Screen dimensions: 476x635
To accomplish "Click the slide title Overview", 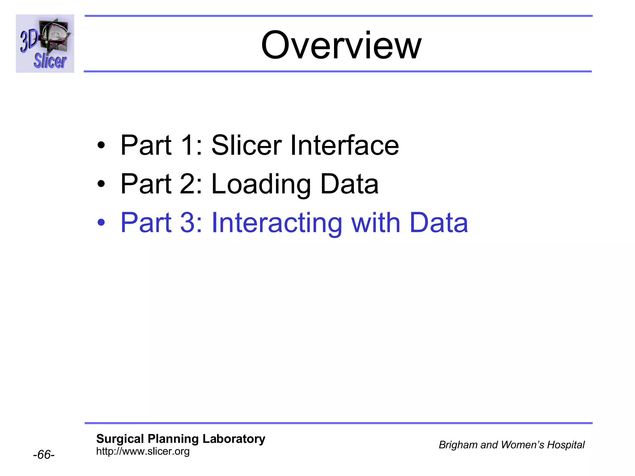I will (341, 45).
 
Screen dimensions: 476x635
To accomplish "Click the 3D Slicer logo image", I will (45, 44).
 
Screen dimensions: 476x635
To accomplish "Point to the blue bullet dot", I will (101, 223).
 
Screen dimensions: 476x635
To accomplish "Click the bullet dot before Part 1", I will (101, 145).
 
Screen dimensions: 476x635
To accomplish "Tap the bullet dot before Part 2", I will (101, 184).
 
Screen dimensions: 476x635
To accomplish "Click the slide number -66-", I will (44, 455).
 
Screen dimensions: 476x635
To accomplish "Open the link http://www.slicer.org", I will (143, 451).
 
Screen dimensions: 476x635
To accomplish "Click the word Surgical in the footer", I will (120, 439).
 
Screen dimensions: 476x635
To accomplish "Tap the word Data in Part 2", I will (349, 184).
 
